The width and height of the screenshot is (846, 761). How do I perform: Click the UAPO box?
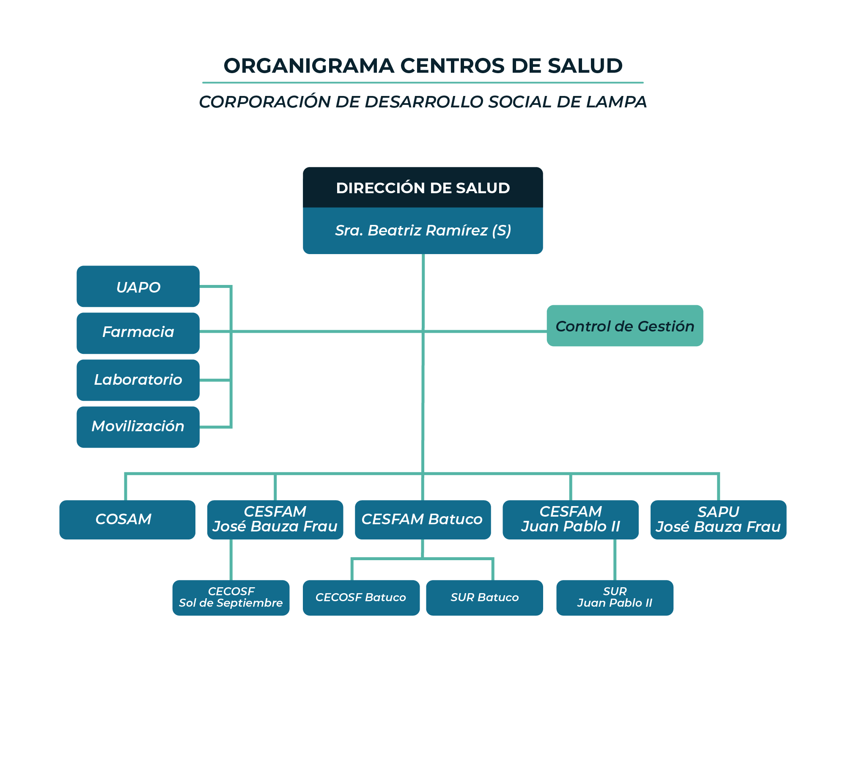[138, 286]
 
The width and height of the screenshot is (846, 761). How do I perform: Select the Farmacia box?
[138, 333]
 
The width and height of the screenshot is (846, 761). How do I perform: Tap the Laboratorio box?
[138, 380]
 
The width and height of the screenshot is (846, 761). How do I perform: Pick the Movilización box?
[138, 427]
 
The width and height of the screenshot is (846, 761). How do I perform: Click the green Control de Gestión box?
[625, 326]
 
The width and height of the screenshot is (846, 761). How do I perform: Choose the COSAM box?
[127, 520]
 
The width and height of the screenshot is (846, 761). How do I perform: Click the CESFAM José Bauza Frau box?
[275, 520]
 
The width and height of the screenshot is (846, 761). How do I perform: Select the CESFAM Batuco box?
[423, 520]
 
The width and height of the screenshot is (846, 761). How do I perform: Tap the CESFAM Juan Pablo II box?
[571, 520]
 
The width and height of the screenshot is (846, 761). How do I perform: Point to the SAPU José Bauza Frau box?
[718, 520]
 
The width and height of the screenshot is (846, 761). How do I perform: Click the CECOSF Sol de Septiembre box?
[231, 598]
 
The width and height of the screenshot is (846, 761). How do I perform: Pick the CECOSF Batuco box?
[361, 598]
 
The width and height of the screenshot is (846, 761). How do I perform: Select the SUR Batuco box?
[484, 598]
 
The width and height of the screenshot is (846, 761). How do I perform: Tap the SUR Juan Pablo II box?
[615, 598]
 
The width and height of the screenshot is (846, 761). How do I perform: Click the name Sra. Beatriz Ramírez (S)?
[423, 230]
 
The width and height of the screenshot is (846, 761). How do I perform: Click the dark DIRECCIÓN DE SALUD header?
[423, 187]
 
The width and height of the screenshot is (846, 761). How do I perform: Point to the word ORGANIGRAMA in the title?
[309, 66]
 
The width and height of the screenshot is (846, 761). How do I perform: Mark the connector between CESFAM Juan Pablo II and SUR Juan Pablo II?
[615, 560]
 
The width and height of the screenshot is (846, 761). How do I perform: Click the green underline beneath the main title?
[423, 82]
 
